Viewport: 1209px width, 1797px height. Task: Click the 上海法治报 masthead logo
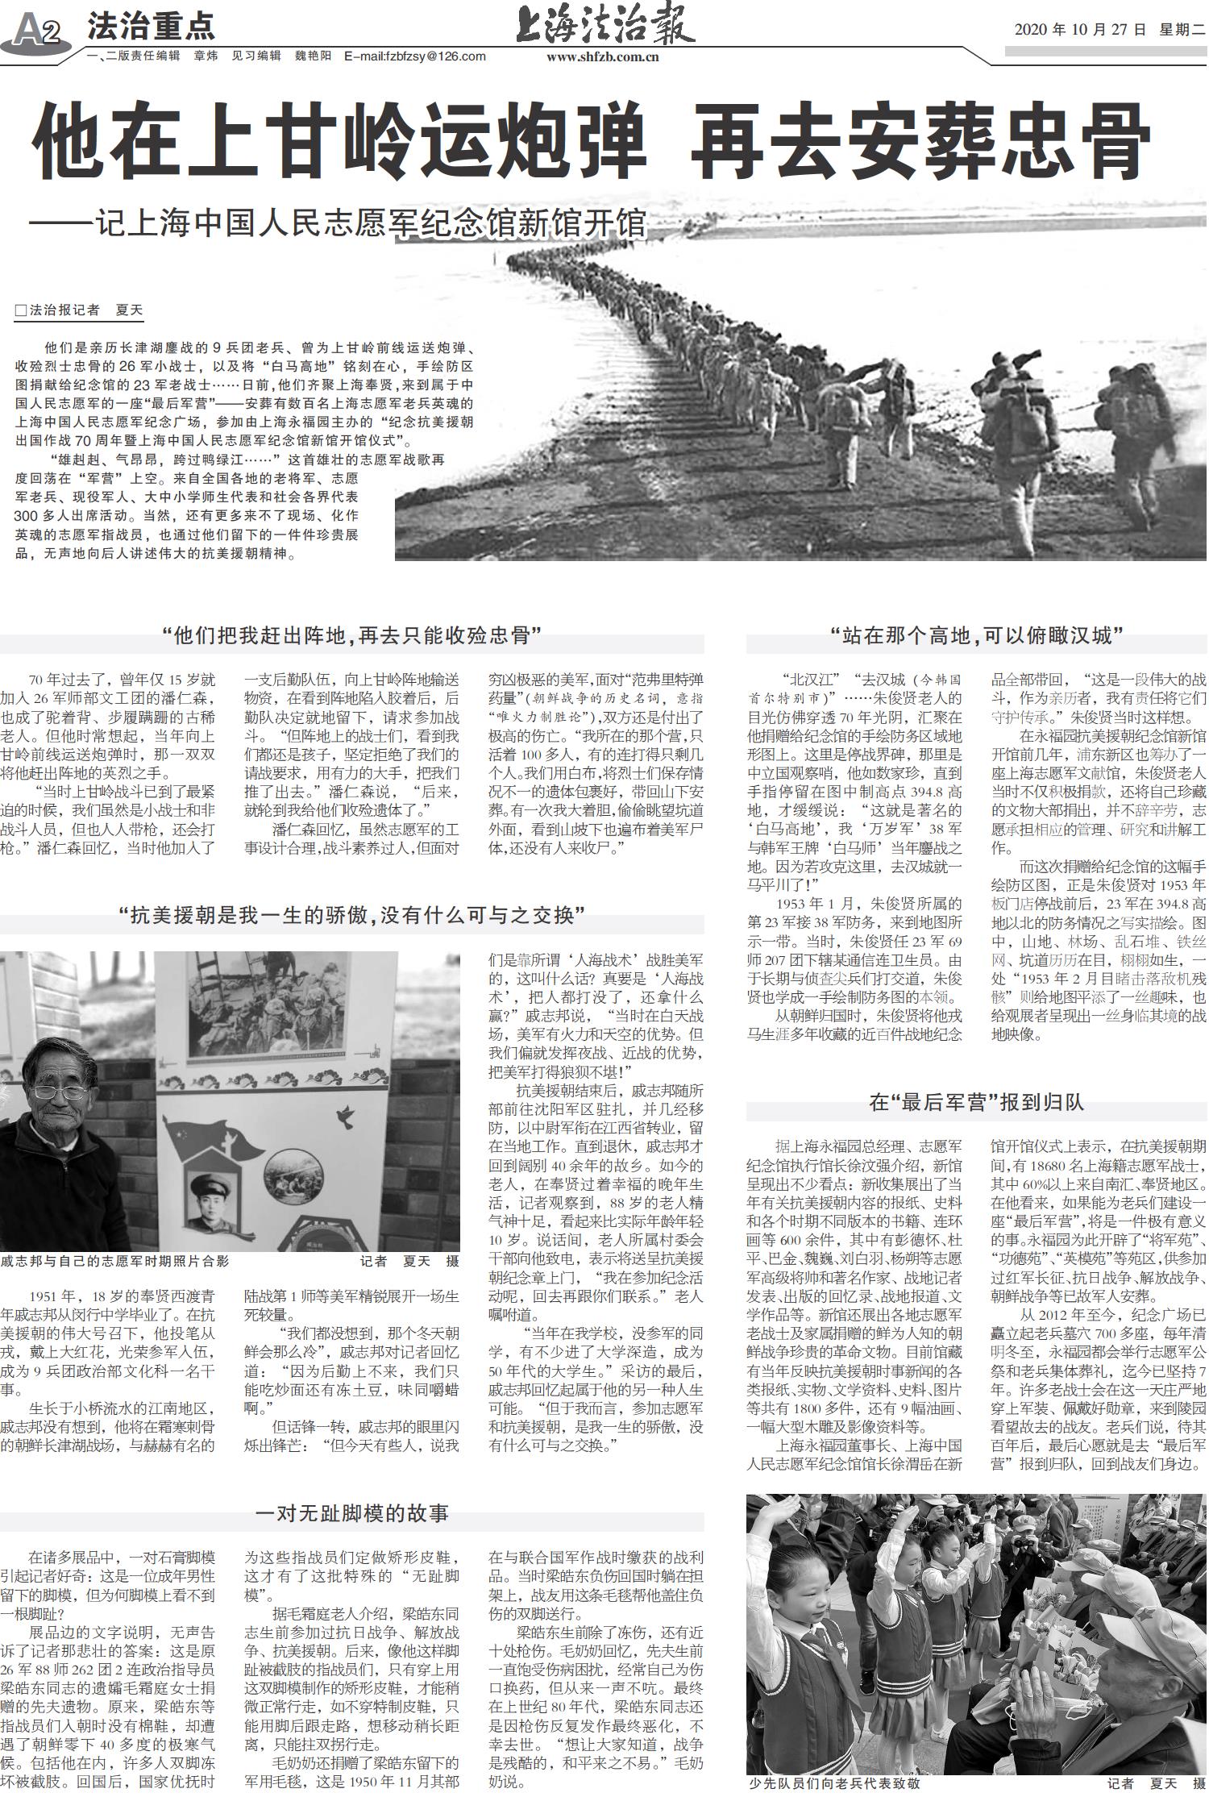604,26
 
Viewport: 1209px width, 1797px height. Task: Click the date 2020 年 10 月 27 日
1079,30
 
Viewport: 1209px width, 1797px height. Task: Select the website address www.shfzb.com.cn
602,56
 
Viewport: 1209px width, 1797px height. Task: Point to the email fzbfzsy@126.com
415,56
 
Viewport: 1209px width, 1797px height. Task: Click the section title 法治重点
151,27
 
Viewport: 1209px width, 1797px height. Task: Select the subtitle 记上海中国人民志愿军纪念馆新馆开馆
371,223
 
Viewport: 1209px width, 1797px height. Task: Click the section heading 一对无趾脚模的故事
351,1513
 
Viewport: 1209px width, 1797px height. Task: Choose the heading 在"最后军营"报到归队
976,1102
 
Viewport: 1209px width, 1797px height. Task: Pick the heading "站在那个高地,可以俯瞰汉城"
977,636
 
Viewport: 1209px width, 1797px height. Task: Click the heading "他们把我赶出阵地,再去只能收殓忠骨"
351,635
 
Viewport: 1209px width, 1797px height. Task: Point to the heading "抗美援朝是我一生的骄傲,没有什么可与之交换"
351,915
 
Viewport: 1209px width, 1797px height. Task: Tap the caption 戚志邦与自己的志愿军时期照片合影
115,1261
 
